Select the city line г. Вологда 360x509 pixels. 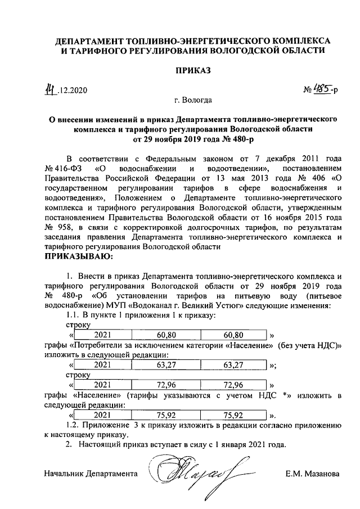[193, 102]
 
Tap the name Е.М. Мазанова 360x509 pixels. [312, 474]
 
